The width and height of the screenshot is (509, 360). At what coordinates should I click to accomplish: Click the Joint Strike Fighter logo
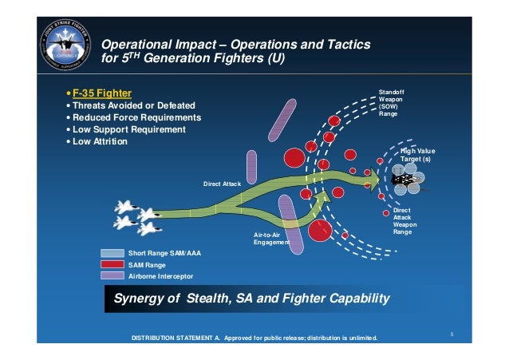61,49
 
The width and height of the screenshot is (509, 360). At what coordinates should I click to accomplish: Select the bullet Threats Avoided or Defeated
132,105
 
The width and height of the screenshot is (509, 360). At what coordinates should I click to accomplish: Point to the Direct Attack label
222,184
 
